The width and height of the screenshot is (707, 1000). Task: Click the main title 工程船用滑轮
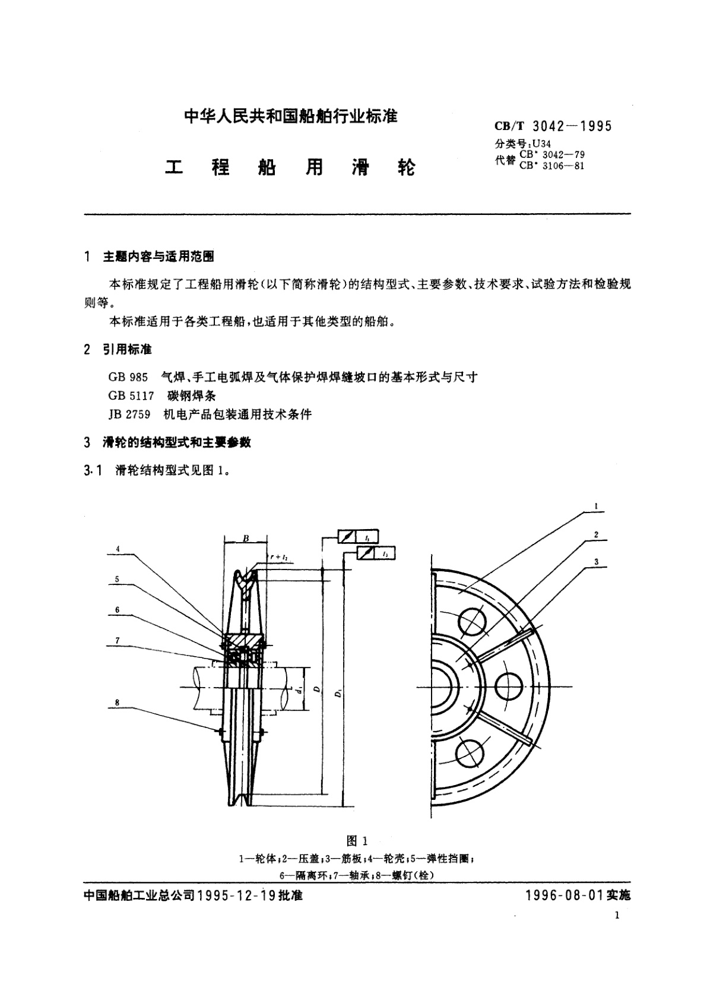point(290,167)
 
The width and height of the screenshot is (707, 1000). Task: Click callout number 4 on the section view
point(118,549)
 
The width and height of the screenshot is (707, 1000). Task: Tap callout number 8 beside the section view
point(118,702)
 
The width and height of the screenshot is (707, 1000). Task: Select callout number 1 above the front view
point(595,507)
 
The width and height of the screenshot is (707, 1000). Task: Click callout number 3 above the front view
point(595,561)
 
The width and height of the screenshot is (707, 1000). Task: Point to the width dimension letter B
point(246,539)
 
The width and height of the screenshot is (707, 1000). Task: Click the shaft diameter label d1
point(301,689)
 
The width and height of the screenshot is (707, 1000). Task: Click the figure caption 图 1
point(357,841)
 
